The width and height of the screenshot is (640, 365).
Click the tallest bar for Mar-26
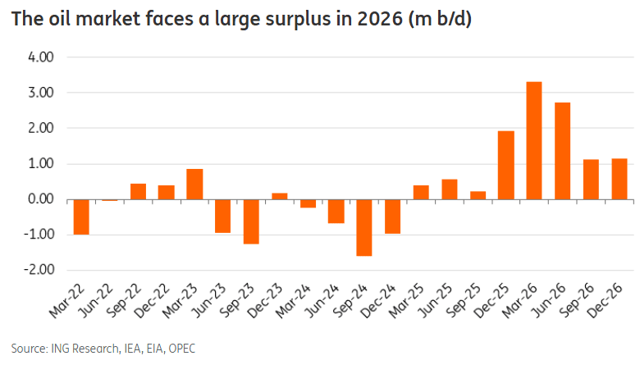tap(533, 140)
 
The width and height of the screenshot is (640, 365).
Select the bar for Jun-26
tap(562, 151)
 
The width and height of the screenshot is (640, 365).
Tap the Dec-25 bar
tap(505, 165)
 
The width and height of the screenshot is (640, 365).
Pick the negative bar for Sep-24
tap(364, 227)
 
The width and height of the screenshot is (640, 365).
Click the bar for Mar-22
tap(82, 217)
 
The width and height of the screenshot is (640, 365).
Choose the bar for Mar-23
tap(194, 184)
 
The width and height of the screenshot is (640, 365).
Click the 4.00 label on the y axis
tap(40, 57)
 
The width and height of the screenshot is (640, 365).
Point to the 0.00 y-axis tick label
tap(40, 199)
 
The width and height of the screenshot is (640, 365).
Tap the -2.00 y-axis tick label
tap(39, 270)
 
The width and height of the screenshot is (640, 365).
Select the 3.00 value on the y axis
tap(40, 93)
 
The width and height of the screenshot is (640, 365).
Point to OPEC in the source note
tap(180, 348)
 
